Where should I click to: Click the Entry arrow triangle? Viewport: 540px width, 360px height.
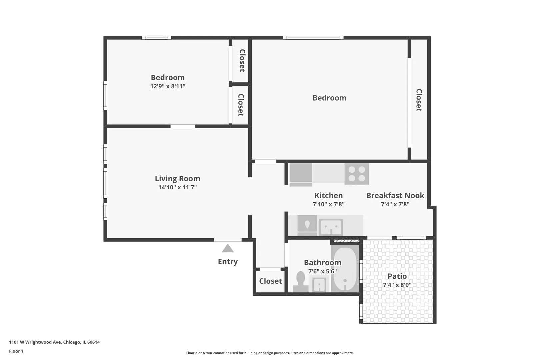[x=228, y=248]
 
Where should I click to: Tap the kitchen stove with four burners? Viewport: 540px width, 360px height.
[x=357, y=174]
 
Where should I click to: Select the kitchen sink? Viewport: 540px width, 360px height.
[x=331, y=227]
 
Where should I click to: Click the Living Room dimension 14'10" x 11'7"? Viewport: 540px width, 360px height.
[x=177, y=187]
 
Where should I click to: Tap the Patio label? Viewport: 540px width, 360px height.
[x=397, y=276]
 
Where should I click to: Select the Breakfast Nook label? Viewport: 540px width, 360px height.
[x=395, y=195]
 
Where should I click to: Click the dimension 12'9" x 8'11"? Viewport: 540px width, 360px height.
[x=168, y=86]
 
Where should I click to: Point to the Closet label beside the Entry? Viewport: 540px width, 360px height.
[x=270, y=281]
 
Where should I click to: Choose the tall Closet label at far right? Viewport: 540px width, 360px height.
[x=419, y=100]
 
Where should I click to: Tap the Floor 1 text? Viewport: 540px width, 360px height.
[x=16, y=351]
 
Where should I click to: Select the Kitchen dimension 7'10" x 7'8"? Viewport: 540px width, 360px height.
[x=328, y=204]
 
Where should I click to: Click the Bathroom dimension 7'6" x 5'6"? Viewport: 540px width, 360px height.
[x=322, y=271]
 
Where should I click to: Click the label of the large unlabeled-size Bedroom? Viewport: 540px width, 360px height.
[x=329, y=98]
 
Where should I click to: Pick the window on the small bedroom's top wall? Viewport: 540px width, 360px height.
[x=156, y=38]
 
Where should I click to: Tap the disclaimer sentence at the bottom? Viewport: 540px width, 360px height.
[x=270, y=353]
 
